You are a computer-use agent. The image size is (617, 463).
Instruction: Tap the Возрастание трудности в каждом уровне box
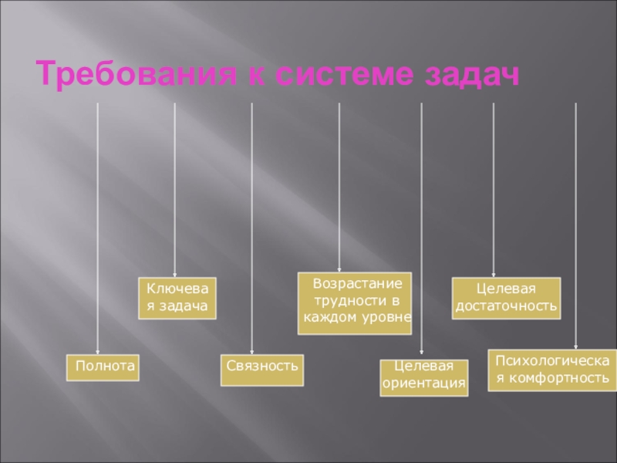tap(356, 303)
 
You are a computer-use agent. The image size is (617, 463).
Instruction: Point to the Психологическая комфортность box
tap(552, 370)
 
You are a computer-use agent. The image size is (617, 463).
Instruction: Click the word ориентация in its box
tap(425, 384)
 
